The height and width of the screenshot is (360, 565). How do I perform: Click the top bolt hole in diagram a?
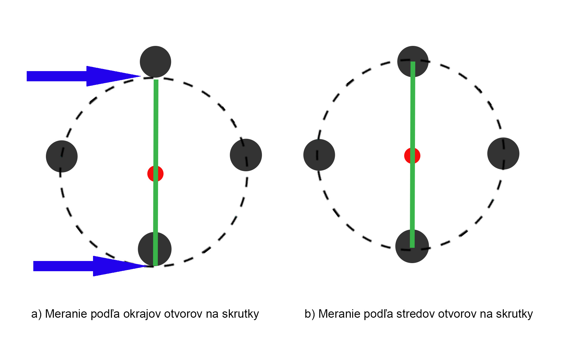(155, 62)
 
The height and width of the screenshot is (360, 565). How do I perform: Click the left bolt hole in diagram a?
(62, 156)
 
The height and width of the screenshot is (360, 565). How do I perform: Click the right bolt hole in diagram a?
(246, 155)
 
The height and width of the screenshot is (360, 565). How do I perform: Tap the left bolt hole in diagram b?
(319, 155)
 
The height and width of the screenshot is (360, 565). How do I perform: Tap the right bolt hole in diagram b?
(503, 153)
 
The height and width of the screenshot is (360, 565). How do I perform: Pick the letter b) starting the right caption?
(310, 314)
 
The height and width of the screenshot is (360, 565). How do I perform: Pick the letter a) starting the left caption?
(36, 314)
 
